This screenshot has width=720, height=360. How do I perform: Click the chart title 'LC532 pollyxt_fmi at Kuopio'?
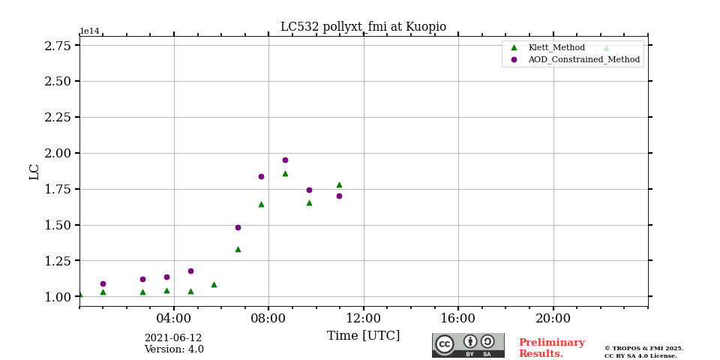363,27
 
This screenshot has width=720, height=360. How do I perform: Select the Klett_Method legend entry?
556,47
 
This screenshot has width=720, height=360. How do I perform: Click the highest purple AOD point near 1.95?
285,160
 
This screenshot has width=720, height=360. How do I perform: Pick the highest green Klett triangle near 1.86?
285,173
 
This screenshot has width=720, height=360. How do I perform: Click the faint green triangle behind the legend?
606,48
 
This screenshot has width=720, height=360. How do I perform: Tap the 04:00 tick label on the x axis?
174,318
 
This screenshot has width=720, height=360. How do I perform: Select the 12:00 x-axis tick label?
364,318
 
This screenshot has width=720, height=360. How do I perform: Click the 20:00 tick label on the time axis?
553,318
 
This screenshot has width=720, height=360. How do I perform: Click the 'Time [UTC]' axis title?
364,336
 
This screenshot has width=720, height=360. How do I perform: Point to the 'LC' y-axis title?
34,172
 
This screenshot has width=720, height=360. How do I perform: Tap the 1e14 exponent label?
89,31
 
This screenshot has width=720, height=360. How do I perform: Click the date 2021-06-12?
173,338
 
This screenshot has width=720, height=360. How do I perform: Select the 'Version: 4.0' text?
174,349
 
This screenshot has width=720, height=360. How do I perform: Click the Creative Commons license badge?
468,345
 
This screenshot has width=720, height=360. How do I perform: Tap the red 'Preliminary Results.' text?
551,348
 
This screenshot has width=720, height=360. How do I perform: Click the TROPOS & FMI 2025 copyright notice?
643,348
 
